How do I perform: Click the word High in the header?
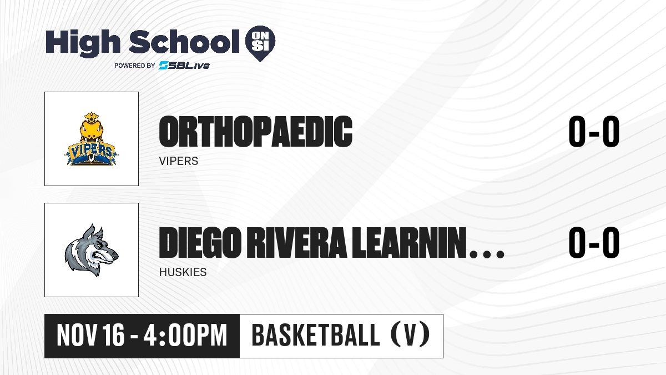(83, 43)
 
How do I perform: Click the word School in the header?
(184, 42)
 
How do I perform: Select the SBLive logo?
(184, 65)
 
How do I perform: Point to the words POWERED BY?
(135, 66)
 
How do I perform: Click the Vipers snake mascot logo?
(91, 139)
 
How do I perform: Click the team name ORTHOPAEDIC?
(256, 132)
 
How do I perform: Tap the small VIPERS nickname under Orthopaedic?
(179, 161)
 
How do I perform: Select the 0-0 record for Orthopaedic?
(594, 131)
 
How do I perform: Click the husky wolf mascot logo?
(92, 250)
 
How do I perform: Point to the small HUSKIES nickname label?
(183, 272)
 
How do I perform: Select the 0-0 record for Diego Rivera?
(594, 242)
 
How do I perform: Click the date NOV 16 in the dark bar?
(90, 336)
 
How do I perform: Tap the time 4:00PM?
(185, 336)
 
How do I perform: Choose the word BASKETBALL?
(315, 335)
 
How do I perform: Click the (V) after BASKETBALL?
(410, 335)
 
